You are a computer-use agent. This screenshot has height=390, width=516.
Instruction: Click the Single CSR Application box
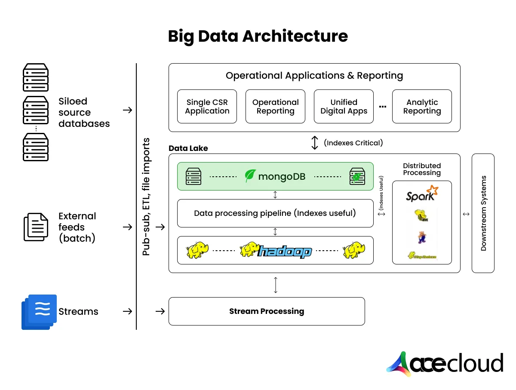[x=207, y=107]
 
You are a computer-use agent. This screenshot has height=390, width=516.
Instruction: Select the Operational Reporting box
[x=275, y=107]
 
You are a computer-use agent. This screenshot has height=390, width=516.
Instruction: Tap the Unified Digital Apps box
[x=344, y=107]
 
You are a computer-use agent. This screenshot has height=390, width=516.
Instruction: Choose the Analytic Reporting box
[x=422, y=107]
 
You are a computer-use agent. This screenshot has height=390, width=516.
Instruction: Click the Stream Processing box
[x=267, y=311]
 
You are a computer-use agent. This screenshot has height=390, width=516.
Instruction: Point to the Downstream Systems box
[x=483, y=213]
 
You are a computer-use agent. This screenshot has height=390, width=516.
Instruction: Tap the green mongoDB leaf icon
[x=250, y=176]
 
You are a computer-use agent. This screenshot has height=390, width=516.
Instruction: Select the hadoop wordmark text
[x=284, y=251]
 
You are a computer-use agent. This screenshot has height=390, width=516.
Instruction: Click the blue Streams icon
[x=39, y=312]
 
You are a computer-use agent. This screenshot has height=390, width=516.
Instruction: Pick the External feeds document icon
[x=35, y=227]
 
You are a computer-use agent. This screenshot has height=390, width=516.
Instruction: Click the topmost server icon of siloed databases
[x=35, y=77]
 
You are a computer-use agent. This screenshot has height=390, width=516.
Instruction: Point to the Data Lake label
[x=188, y=148]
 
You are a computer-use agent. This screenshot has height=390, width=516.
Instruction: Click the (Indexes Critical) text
[x=353, y=143]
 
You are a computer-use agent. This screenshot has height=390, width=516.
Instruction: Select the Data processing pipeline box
[x=275, y=213]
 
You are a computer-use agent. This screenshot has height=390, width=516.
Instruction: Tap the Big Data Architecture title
[x=258, y=36]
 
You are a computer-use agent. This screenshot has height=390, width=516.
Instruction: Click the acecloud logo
[x=445, y=364]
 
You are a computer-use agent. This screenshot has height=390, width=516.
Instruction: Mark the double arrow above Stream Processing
[x=276, y=285]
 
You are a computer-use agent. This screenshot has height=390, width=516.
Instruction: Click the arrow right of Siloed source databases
[x=127, y=110]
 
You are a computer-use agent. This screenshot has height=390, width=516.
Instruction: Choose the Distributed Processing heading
[x=422, y=169]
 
